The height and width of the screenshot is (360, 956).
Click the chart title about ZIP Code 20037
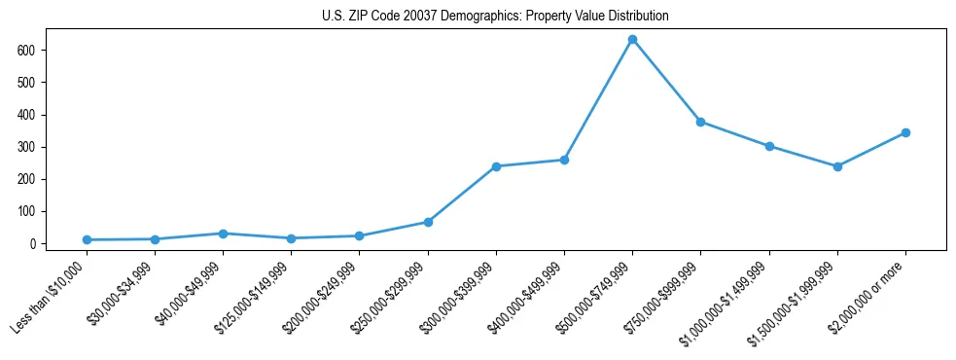point(495,17)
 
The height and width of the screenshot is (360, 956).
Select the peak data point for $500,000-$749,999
point(632,39)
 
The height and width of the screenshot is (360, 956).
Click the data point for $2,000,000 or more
point(905,132)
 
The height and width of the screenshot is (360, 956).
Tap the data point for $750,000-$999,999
point(700,122)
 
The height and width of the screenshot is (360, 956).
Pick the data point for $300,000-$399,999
point(496,166)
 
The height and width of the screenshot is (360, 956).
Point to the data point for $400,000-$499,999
point(564,160)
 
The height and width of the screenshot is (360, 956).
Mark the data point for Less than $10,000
point(87,239)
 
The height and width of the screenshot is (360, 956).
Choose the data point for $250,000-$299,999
point(428,222)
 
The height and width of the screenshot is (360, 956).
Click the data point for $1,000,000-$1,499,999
point(769,146)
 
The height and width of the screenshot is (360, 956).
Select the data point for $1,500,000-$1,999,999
point(837,166)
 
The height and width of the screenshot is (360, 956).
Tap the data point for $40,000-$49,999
point(223,234)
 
